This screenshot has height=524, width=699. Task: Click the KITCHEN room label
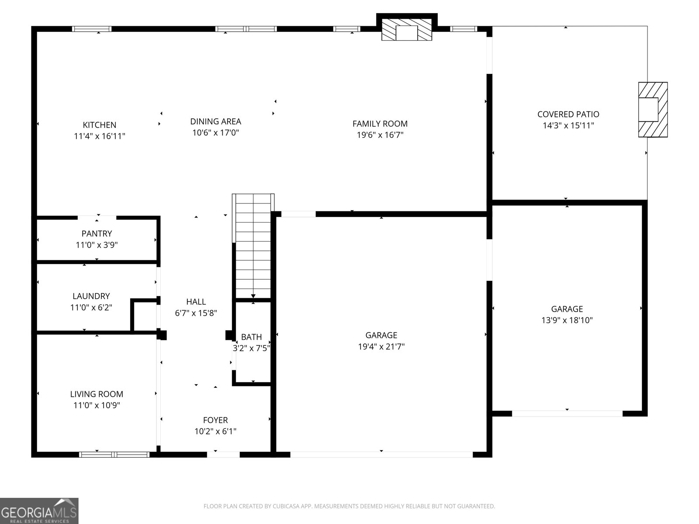click(x=100, y=125)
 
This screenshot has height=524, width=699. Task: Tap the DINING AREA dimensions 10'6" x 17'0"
click(x=215, y=133)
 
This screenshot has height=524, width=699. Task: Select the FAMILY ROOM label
click(x=380, y=124)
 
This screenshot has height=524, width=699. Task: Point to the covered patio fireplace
click(x=653, y=110)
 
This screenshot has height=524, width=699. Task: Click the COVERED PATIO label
click(x=568, y=114)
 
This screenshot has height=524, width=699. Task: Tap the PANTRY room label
click(x=97, y=234)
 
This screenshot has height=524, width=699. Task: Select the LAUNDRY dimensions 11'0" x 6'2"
click(x=91, y=307)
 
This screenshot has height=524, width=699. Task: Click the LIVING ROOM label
click(x=97, y=394)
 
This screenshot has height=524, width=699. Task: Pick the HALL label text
click(x=196, y=302)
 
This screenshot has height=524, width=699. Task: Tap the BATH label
click(x=252, y=337)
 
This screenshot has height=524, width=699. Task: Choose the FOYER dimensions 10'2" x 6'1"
click(x=215, y=431)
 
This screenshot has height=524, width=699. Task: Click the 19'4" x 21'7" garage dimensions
click(x=381, y=347)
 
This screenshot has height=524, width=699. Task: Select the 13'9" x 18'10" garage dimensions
click(x=567, y=320)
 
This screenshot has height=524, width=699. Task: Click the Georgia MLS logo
click(x=39, y=510)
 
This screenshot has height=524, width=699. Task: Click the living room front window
click(x=114, y=454)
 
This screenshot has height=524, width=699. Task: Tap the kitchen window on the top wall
click(x=92, y=29)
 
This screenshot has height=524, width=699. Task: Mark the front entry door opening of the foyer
click(x=223, y=454)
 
